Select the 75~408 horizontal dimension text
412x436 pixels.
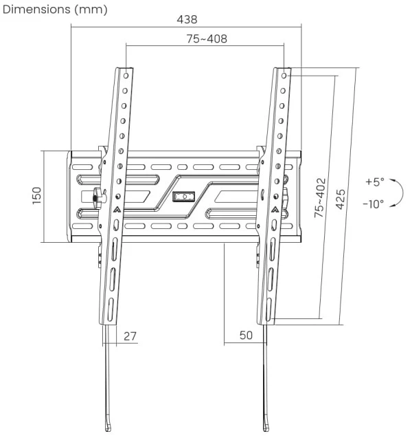click(x=206, y=39)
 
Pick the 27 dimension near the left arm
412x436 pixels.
click(x=130, y=336)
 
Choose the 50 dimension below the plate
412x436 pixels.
click(x=245, y=336)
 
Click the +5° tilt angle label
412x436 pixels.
click(x=374, y=182)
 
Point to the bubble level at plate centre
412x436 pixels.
click(x=183, y=197)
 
